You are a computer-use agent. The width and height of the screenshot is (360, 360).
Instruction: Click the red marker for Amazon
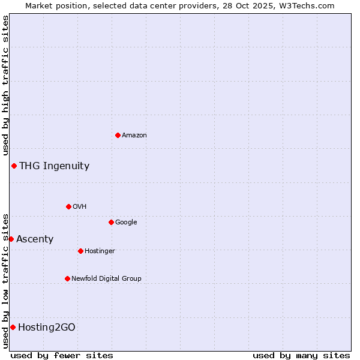pos(118,135)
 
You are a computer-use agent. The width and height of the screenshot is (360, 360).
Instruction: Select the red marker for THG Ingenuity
pos(14,166)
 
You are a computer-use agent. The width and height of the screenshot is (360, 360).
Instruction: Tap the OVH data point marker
pos(68,206)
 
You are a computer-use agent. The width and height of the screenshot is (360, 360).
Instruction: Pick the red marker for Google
pos(111,222)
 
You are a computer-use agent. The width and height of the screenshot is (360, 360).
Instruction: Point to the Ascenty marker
pos(11,239)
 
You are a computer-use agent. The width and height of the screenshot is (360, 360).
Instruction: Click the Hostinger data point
pos(80,251)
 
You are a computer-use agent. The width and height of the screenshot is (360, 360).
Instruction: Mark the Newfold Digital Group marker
pos(67,278)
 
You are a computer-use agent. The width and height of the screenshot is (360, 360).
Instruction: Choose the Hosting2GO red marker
pos(13,327)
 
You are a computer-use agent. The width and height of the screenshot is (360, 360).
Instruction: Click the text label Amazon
pos(134,136)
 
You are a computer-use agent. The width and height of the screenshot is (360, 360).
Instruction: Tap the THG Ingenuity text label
pos(54,166)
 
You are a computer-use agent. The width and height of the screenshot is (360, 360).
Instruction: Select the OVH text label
pos(80,207)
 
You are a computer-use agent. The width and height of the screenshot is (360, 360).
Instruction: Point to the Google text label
pos(126,223)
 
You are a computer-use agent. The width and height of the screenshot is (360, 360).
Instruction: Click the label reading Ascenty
pos(35,239)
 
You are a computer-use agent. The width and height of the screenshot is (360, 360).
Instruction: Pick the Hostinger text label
pos(100,251)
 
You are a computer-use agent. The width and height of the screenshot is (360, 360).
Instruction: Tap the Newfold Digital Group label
pos(106,278)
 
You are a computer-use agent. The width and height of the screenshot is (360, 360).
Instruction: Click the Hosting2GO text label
pos(47,328)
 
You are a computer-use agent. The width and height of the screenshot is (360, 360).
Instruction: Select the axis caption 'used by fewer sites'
pos(62,355)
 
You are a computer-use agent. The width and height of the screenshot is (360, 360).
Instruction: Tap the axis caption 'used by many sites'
pos(301,355)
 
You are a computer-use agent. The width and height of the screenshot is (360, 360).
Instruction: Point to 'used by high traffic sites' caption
pos(5,86)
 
